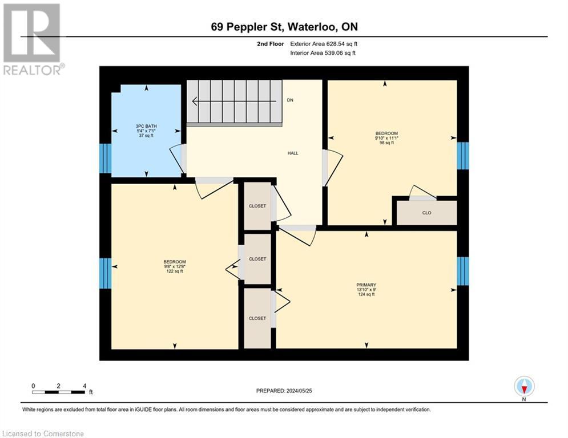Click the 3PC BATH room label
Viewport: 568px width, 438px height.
(x=146, y=127)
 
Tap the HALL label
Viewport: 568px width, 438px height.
(x=293, y=153)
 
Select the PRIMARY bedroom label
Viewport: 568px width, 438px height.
(x=366, y=285)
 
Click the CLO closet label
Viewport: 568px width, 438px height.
(x=427, y=213)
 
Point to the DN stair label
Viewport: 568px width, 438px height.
(x=290, y=100)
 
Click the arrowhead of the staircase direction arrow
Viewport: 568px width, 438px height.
(x=195, y=102)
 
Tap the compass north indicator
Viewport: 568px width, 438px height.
(x=524, y=387)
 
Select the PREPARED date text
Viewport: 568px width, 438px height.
(x=284, y=391)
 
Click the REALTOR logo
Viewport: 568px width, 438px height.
(x=33, y=39)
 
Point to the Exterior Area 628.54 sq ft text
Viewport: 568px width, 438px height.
(x=324, y=44)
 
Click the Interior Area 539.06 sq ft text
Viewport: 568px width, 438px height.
(x=323, y=53)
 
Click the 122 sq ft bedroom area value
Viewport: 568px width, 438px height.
(x=175, y=271)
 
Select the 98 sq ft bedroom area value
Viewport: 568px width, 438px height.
(x=386, y=143)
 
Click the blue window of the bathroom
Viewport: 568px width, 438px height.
(x=106, y=159)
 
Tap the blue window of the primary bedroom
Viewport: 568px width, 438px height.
(x=463, y=271)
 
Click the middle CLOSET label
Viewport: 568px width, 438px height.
(x=257, y=259)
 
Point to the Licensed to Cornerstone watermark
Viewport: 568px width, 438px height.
(x=43, y=433)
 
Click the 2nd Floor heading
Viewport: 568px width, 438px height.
(x=271, y=44)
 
